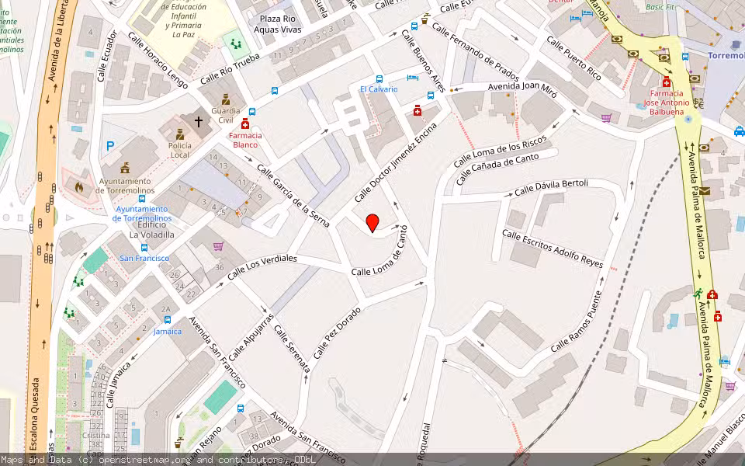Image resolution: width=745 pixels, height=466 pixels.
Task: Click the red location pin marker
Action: pos(372,223)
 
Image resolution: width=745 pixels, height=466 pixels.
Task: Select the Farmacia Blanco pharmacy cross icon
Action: pos(246,123)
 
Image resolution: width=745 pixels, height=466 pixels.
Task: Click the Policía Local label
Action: pos(179,150)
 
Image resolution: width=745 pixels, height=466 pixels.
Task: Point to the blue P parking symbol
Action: pos(110,145)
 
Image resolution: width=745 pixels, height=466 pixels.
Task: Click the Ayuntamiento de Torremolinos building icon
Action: pos(126,168)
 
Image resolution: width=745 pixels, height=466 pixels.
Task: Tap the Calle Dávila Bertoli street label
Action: pos(551,187)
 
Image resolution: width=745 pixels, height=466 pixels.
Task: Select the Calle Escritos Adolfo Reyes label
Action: pos(552,248)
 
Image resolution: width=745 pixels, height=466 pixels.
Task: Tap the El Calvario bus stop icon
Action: pos(379,78)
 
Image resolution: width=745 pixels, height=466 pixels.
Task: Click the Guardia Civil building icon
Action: pos(226,99)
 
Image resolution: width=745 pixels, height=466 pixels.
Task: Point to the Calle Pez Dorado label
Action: pos(338,331)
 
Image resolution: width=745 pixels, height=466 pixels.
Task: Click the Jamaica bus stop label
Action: pos(167,332)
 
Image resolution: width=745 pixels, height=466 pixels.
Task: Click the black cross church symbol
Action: pos(199,122)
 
